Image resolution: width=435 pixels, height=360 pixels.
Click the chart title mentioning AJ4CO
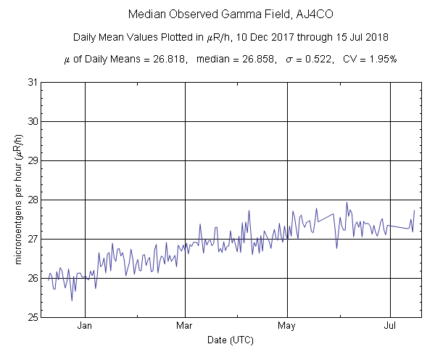point(217,15)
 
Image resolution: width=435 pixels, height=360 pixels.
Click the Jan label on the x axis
point(85,326)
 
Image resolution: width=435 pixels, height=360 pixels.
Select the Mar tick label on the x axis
point(185,326)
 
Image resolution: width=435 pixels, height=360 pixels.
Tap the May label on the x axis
point(288,326)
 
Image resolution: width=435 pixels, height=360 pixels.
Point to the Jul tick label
point(391,326)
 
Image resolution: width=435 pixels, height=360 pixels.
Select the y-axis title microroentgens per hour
point(16,200)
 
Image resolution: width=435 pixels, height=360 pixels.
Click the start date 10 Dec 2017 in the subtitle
point(272,37)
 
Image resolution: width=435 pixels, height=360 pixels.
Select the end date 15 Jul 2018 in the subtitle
point(355,37)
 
